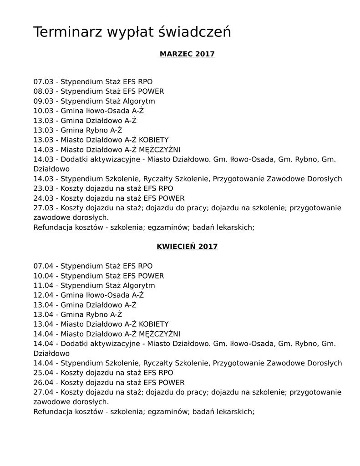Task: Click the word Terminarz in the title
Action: point(68,32)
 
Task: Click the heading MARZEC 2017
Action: point(187,54)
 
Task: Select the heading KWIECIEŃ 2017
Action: point(187,247)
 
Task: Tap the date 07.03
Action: point(43,82)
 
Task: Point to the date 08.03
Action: point(43,91)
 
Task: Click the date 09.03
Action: point(43,101)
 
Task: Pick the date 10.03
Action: point(43,111)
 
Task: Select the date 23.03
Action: point(43,188)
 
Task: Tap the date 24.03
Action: point(43,198)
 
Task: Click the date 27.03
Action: point(43,208)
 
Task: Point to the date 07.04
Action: point(43,266)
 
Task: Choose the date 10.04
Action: point(43,276)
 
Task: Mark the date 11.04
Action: point(43,285)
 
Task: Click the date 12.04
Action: point(43,295)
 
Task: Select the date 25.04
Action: point(43,373)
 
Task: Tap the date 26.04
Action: point(43,383)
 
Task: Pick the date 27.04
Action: point(43,392)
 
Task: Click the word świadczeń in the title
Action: point(195,32)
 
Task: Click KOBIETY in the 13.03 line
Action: point(153,140)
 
